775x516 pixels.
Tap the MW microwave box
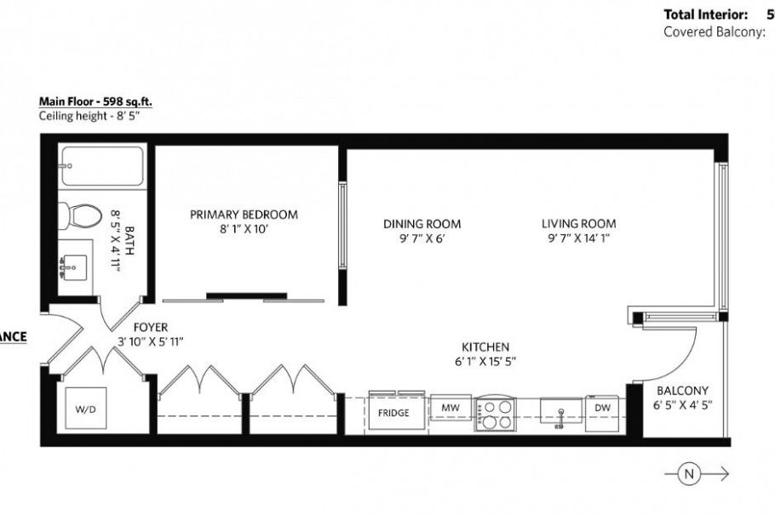(x=450, y=409)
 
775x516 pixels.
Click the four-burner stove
(x=495, y=414)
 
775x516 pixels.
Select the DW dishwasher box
(x=602, y=408)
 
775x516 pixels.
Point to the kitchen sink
(x=560, y=413)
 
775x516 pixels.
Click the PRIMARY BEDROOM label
(x=244, y=215)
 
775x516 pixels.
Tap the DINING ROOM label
(x=422, y=224)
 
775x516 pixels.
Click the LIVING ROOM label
(x=579, y=224)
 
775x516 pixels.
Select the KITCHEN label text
(x=485, y=347)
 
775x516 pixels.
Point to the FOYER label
(x=150, y=327)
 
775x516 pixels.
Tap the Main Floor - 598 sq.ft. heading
(x=95, y=100)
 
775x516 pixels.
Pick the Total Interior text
(x=705, y=14)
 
